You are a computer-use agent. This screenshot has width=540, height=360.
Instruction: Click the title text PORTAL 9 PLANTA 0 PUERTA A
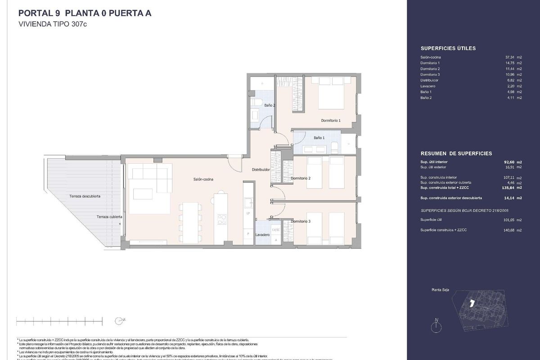click(85, 13)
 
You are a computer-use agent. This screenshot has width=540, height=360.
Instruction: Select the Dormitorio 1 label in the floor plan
click(330, 121)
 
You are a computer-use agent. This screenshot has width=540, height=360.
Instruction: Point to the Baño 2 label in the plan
click(270, 105)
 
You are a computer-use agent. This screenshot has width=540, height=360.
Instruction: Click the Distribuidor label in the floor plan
click(261, 170)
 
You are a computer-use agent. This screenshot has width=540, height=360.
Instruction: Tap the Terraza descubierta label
click(85, 196)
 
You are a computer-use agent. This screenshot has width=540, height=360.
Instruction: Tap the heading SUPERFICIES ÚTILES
click(448, 48)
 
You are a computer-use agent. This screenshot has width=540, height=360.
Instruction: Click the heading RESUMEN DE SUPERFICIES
click(456, 153)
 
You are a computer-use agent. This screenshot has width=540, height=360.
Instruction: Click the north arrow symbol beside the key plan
click(437, 325)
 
